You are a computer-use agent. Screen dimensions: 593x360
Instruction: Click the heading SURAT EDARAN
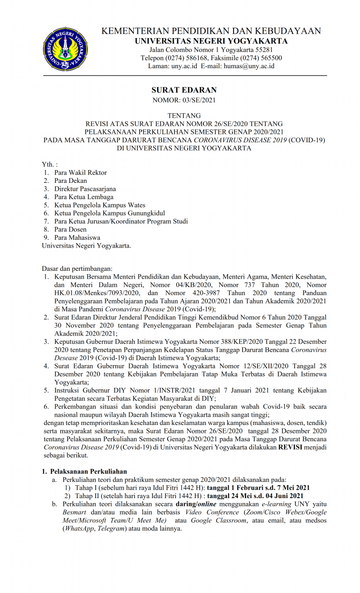coord(184,90)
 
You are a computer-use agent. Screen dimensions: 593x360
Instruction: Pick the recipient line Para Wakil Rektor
coord(80,172)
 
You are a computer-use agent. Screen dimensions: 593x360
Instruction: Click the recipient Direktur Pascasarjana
coord(85,189)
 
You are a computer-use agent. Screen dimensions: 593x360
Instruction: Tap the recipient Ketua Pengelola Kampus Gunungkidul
coord(110,213)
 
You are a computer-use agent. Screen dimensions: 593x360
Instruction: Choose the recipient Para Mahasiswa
coord(77,237)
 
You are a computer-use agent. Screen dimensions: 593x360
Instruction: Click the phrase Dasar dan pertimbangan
coord(77,269)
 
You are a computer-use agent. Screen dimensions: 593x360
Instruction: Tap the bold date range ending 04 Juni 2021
coord(255,496)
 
